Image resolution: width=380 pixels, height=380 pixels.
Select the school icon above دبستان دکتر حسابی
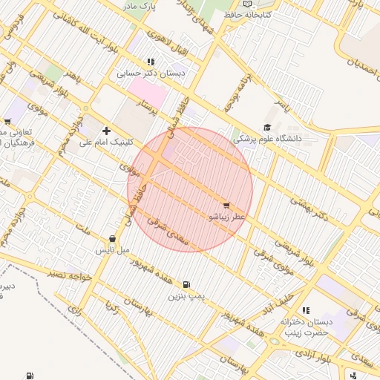click(151, 63)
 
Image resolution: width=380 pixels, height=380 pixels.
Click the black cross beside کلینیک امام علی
click(106, 131)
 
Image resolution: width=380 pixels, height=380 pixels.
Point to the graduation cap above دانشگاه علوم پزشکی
click(267, 128)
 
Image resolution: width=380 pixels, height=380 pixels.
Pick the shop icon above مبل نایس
click(112, 239)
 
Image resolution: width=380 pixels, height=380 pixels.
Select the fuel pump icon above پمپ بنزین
click(186, 284)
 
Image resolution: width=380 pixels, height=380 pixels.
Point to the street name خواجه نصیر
click(68, 275)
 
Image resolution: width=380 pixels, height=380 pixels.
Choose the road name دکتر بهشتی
click(307, 208)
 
